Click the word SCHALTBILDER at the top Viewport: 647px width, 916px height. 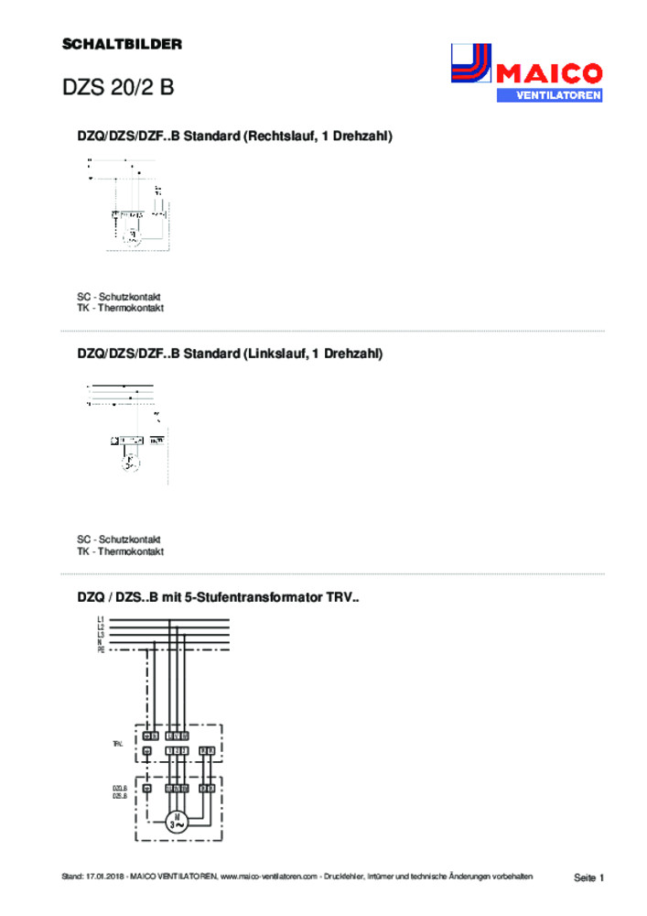[x=122, y=43]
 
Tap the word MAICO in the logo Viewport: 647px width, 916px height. [x=548, y=73]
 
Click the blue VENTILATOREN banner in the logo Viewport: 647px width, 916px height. [x=548, y=95]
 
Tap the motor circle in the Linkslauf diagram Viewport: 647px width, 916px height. [x=131, y=461]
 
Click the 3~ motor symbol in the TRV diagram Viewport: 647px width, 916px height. [x=177, y=822]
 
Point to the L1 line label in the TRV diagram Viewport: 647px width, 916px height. [x=100, y=620]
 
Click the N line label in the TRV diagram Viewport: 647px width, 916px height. [x=100, y=641]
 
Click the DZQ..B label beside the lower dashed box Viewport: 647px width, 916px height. [x=119, y=788]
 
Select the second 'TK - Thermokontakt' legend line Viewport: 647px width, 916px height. [x=120, y=551]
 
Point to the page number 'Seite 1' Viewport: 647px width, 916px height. [x=589, y=878]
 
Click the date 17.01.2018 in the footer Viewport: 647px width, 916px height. [x=104, y=878]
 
